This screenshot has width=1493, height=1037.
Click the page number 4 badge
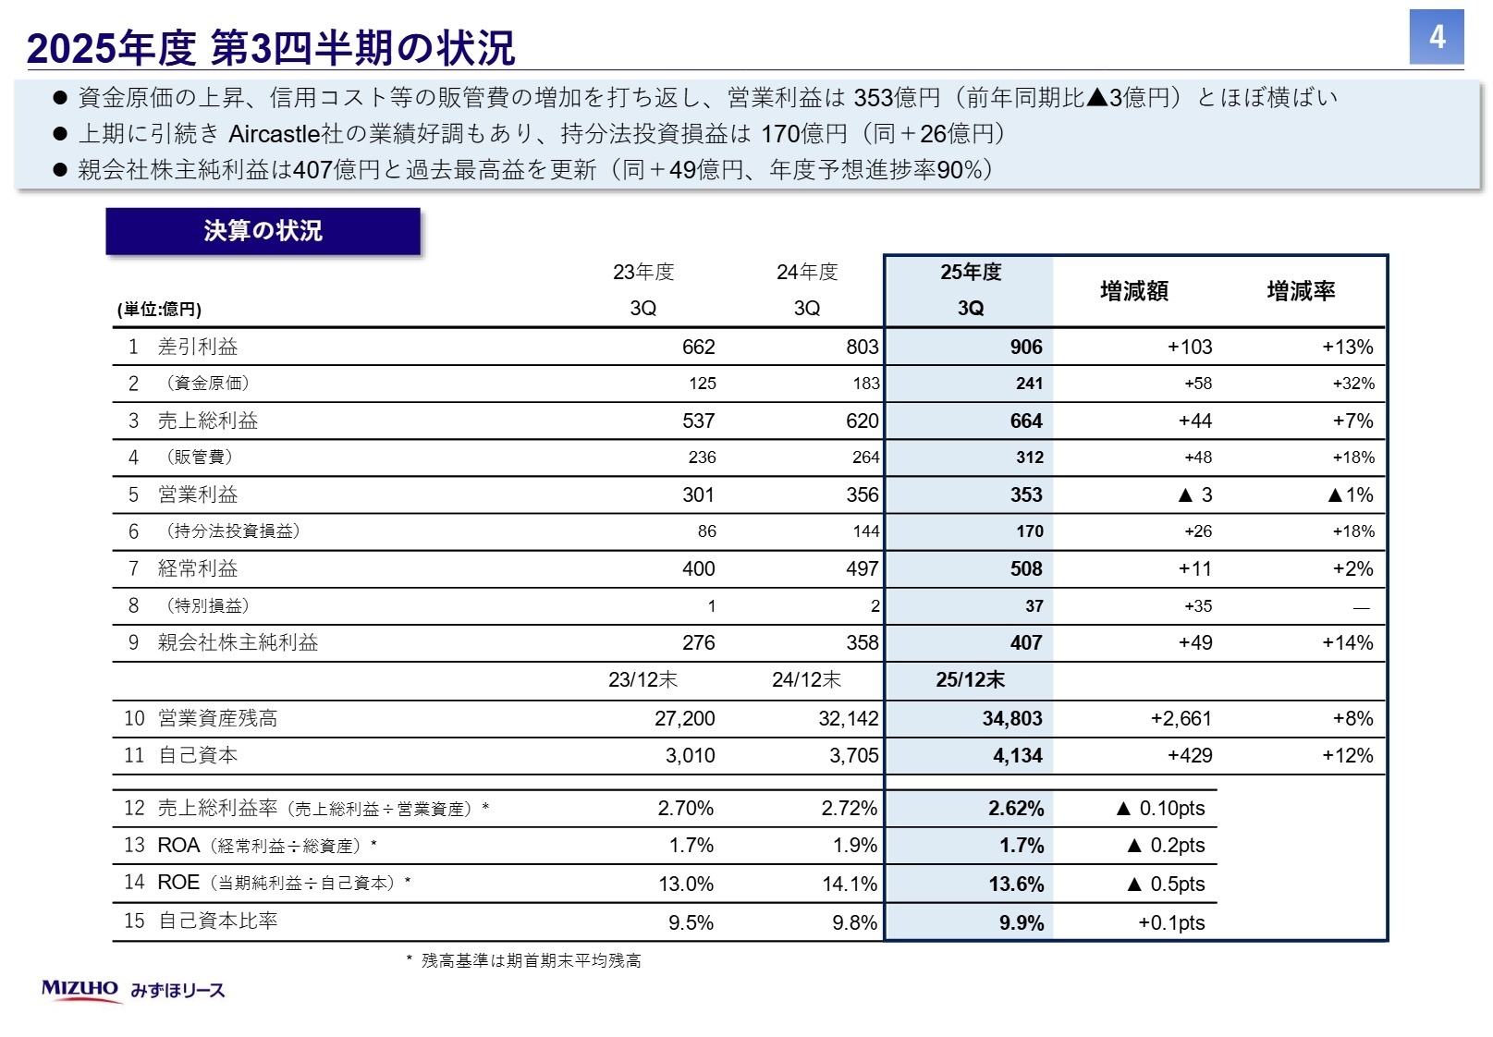(1436, 37)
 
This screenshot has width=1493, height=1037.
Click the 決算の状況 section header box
(263, 231)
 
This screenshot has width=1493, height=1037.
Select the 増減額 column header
(1133, 291)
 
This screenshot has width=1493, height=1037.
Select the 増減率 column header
(1300, 291)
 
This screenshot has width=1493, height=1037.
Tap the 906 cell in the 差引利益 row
(1025, 348)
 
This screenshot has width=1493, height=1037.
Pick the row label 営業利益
(198, 494)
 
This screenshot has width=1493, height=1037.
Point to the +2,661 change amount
(1181, 719)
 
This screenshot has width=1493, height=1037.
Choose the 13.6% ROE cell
(1016, 884)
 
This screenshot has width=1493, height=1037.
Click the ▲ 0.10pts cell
(1160, 809)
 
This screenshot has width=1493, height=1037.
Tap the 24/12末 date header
(806, 680)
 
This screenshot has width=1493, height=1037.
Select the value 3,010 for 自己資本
(690, 756)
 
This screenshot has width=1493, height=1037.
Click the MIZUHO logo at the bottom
(80, 989)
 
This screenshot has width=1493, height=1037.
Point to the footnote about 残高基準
(524, 961)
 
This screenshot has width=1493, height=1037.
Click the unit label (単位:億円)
(159, 310)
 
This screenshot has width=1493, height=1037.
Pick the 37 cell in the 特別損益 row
(1034, 606)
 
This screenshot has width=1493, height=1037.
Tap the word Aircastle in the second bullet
(273, 134)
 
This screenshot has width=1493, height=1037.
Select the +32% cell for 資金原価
(1352, 384)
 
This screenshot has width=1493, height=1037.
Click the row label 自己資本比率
(217, 921)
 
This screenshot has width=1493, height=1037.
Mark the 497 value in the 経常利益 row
(862, 569)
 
